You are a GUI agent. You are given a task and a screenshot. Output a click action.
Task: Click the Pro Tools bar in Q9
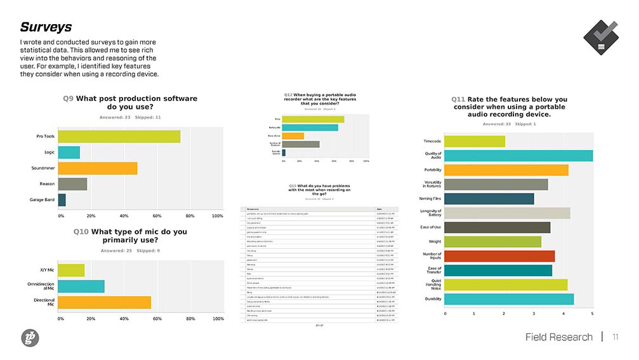(119, 137)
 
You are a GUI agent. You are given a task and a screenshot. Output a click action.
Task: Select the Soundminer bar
(97, 168)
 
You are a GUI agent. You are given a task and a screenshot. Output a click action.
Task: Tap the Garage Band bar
(62, 200)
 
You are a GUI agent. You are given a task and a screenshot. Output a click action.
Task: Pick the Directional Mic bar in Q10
(104, 302)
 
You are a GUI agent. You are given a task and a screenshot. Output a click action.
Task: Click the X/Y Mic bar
(71, 270)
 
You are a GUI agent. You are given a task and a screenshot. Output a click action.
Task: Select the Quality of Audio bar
(518, 156)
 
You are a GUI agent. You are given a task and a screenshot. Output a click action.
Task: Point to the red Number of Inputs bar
(499, 256)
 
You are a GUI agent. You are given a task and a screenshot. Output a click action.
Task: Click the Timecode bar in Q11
(474, 141)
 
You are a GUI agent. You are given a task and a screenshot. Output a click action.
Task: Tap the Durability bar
(508, 299)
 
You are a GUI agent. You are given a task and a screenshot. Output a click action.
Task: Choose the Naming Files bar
(489, 199)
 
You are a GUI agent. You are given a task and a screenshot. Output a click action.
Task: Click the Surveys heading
(46, 27)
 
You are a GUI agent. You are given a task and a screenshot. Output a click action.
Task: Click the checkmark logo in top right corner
(600, 37)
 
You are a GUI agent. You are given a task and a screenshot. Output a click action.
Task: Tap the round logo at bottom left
(30, 338)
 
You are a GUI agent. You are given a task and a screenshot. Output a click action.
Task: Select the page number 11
(615, 337)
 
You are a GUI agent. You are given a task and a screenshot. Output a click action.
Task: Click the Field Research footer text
(558, 337)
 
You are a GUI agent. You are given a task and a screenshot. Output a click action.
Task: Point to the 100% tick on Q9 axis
(217, 216)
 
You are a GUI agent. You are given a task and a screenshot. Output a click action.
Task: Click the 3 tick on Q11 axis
(534, 314)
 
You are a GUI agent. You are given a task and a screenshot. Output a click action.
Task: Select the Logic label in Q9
(49, 152)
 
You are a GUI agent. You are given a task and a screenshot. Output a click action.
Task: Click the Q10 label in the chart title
(81, 232)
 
